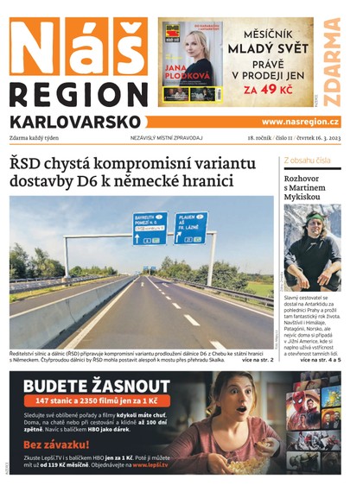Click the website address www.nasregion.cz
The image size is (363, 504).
coord(300,122)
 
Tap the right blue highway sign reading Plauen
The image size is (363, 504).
coord(190,227)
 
